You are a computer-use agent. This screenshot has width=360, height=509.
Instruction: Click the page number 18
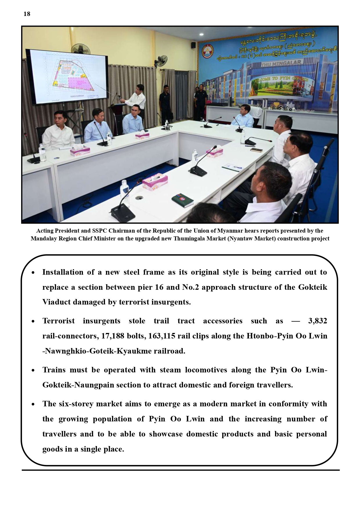click(27, 14)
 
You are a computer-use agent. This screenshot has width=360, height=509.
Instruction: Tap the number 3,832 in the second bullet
click(317, 321)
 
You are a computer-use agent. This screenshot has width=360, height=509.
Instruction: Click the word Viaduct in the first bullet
click(56, 302)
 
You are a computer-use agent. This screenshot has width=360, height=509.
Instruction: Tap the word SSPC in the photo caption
click(100, 231)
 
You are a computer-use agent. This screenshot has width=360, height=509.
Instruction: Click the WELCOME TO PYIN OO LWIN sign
click(279, 79)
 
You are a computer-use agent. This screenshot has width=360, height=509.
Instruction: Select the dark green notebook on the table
click(182, 200)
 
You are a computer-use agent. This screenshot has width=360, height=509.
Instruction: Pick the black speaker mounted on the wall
click(193, 45)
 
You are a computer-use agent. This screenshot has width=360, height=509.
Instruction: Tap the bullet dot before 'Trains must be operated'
click(33, 370)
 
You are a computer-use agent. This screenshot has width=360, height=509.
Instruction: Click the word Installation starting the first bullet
click(63, 272)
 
